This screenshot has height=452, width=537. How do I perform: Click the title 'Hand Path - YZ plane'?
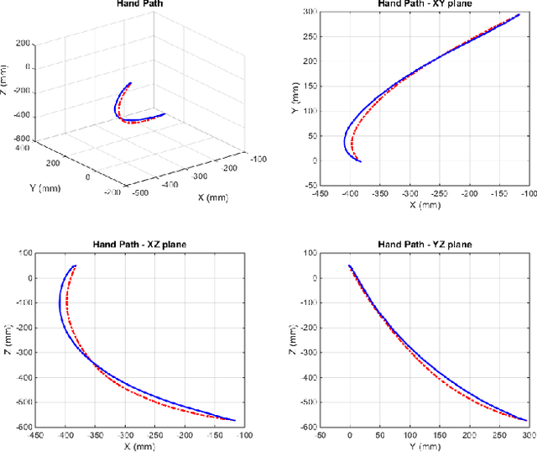coord(425,244)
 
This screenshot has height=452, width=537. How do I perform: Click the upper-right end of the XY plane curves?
coord(520,14)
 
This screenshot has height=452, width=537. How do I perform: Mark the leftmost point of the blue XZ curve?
coord(59,304)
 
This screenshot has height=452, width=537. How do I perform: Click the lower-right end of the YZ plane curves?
coord(526,420)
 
